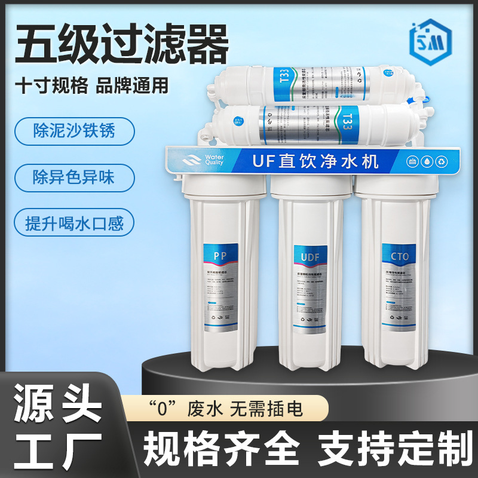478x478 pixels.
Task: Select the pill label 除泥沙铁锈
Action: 74,131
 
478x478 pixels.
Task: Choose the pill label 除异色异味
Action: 74,177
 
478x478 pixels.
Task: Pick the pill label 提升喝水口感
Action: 74,222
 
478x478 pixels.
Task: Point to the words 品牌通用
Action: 132,85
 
